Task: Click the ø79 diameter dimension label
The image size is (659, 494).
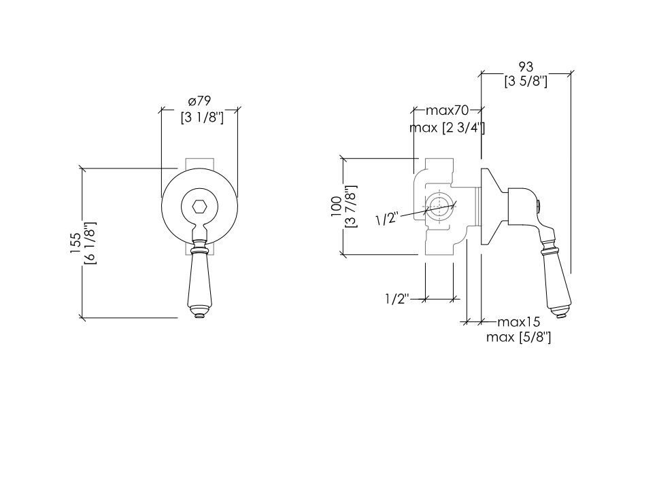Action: pos(199,101)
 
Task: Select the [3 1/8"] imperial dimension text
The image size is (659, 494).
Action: pos(202,117)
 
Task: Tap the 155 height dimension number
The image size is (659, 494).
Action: pos(75,243)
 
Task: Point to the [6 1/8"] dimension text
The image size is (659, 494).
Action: pos(90,243)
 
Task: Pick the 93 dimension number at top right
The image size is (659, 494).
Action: pos(526,67)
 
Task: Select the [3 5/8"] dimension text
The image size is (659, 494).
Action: pos(526,81)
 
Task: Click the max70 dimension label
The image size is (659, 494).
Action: pos(447,111)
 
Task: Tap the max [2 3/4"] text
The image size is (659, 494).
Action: pos(447,127)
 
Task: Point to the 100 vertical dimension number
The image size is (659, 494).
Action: pos(337,207)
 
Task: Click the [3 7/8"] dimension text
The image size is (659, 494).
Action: pos(351,207)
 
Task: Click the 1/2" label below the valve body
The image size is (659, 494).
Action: pos(397,299)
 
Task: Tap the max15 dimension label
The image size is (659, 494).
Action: pos(519,322)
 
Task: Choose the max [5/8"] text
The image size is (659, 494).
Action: pos(519,337)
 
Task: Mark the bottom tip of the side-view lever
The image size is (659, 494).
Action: pos(560,317)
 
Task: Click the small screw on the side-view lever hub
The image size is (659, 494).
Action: pos(539,205)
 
